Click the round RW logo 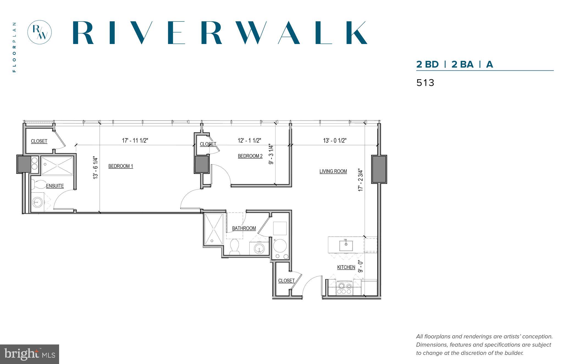(40, 32)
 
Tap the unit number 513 (425, 83)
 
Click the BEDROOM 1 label (121, 166)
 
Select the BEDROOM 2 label (250, 156)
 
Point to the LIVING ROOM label (333, 171)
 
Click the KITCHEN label (346, 267)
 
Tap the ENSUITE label (55, 186)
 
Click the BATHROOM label (244, 228)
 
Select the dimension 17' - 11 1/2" (135, 141)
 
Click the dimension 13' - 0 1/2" (335, 141)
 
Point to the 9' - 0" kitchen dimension (361, 266)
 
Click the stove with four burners (344, 288)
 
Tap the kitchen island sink (346, 244)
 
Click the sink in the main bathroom (259, 248)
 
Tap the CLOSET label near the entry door (286, 281)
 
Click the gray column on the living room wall (379, 169)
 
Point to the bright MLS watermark (29, 354)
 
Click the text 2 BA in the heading (462, 64)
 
